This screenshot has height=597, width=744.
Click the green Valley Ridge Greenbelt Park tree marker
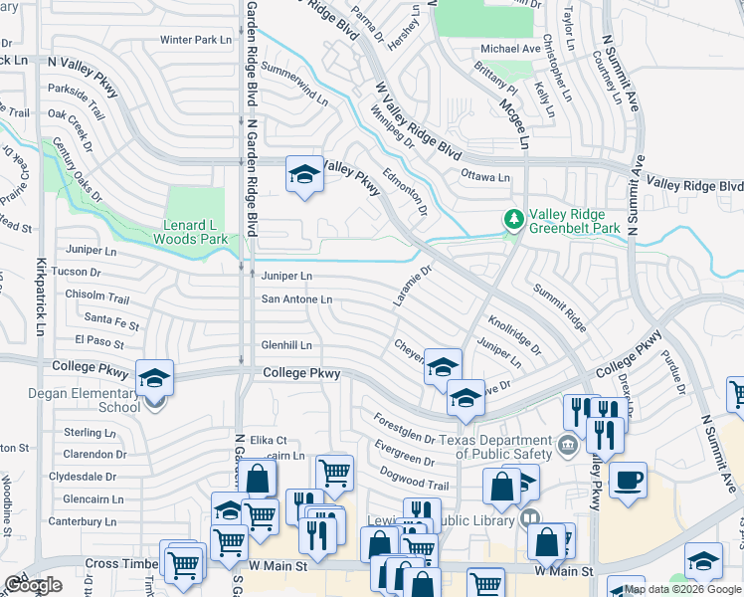click(x=513, y=219)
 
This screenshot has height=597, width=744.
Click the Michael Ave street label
click(x=510, y=48)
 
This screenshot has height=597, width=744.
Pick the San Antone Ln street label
click(x=296, y=298)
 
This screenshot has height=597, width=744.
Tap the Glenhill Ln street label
click(x=286, y=345)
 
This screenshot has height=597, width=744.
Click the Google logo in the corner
click(x=33, y=585)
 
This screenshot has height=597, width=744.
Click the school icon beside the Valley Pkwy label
click(x=304, y=175)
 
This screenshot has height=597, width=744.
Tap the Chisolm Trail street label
click(x=97, y=298)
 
